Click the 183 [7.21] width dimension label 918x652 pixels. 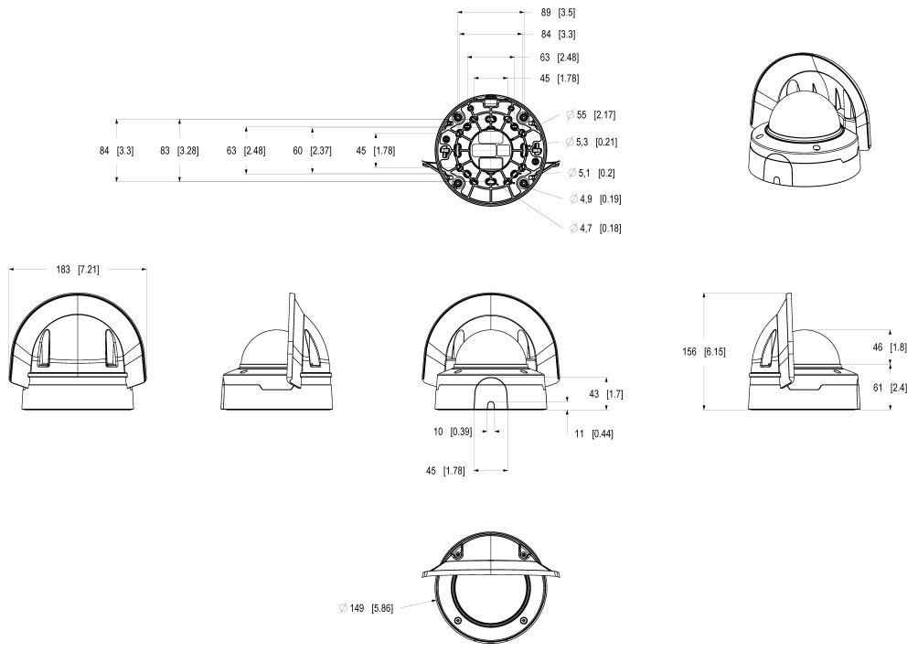click(x=78, y=270)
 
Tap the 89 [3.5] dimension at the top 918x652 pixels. click(x=558, y=13)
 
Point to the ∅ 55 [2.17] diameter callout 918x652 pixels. click(x=590, y=114)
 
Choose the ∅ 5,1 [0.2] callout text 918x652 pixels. click(x=591, y=173)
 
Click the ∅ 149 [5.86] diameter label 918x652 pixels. click(x=365, y=607)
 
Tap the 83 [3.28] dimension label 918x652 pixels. click(x=179, y=150)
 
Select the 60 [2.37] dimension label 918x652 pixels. click(x=312, y=150)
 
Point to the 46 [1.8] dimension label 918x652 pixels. click(x=890, y=347)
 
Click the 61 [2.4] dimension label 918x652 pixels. click(x=890, y=388)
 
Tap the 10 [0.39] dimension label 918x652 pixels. click(x=453, y=432)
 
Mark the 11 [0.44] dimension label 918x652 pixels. click(x=593, y=433)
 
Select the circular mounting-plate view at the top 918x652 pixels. click(x=491, y=153)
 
